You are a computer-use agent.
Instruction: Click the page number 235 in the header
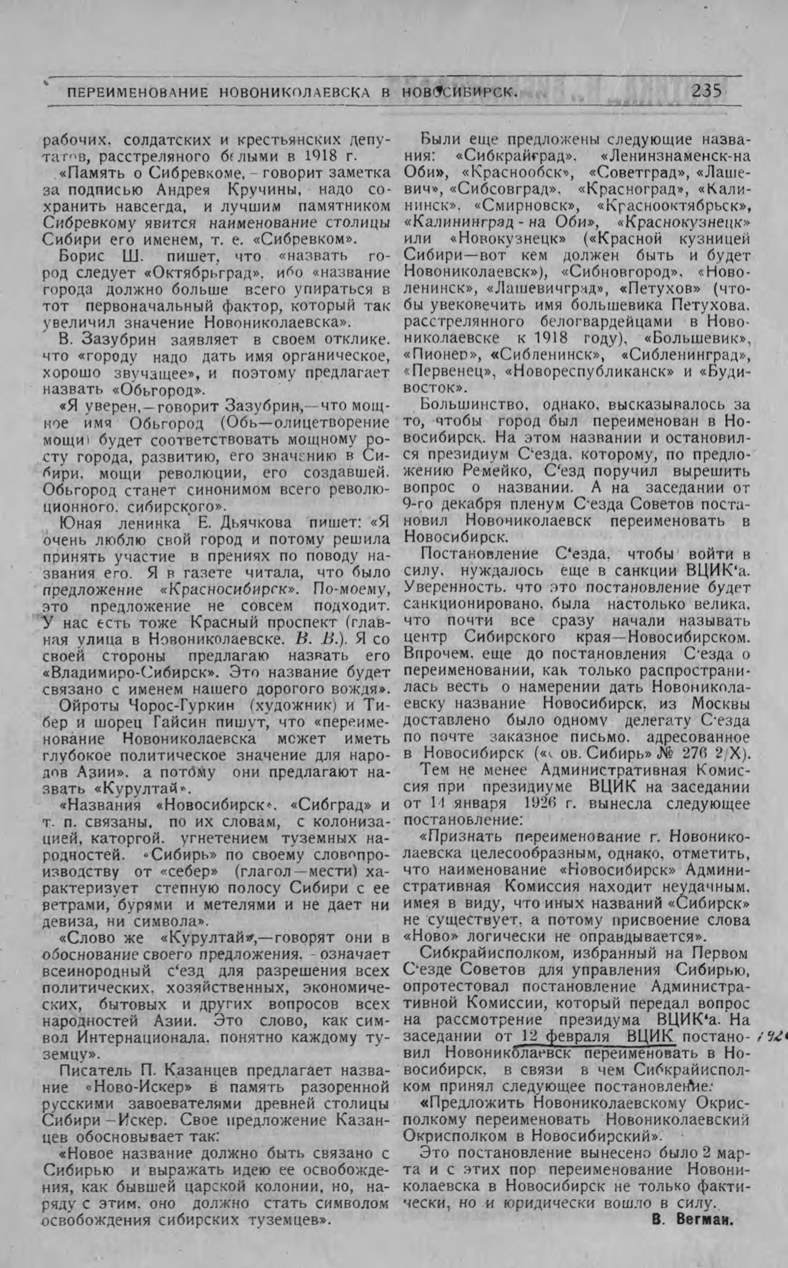point(706,92)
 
